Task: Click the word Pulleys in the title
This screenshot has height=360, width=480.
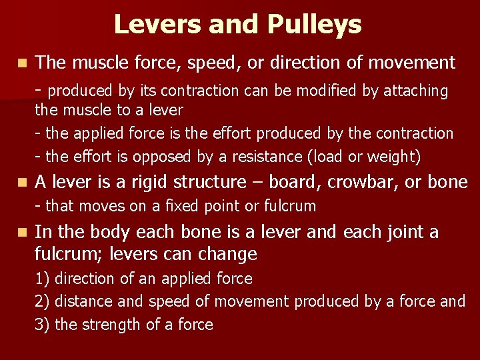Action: [315, 25]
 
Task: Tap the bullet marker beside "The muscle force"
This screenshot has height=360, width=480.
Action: [23, 63]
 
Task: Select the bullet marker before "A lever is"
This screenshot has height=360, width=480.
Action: [23, 182]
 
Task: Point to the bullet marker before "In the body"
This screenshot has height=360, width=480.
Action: [23, 232]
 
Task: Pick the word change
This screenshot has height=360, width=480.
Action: [230, 254]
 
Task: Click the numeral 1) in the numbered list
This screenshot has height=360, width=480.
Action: [42, 279]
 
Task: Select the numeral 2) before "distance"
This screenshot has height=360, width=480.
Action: [42, 302]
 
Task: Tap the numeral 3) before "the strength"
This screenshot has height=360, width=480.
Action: [42, 325]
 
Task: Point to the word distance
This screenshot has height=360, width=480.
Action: [81, 302]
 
